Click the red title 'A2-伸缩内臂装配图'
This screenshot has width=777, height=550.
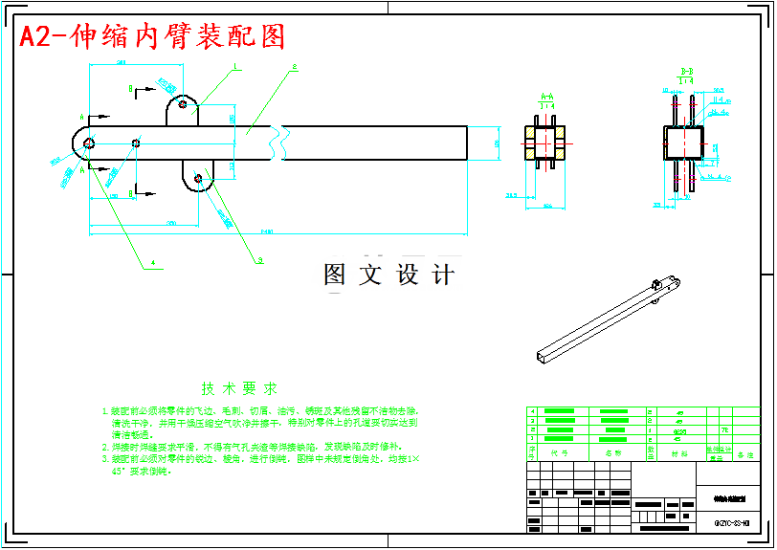153,36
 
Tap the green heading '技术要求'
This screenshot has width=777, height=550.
239,389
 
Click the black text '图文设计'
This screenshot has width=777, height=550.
388,275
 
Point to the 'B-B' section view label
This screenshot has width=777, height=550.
686,72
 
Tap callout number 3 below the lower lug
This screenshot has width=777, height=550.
259,259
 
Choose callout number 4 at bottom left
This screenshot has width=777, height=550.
152,261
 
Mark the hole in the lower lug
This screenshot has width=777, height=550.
198,178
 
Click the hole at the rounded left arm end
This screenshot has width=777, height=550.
88,143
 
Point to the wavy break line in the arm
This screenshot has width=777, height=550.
279,143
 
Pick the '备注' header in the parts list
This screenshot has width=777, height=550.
744,454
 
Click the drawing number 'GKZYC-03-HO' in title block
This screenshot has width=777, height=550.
731,523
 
